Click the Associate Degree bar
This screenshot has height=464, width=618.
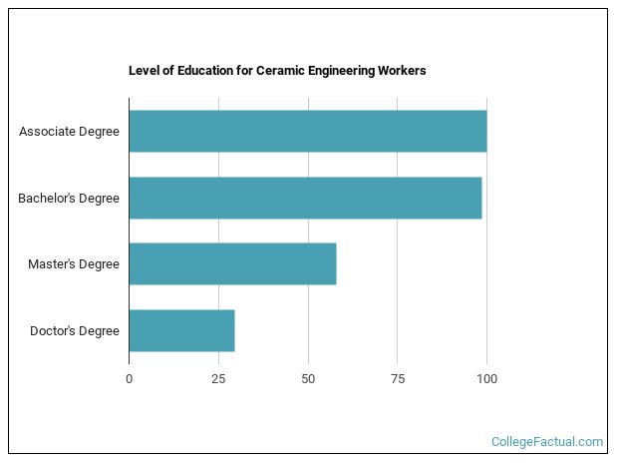coord(307,132)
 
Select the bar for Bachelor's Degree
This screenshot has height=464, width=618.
coord(305,198)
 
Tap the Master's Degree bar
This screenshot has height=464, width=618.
coord(232,263)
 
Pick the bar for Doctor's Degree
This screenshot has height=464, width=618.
coord(181,330)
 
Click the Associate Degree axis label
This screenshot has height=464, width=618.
coord(69,132)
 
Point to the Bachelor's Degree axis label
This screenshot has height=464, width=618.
coord(69,198)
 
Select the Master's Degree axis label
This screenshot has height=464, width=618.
coord(74,264)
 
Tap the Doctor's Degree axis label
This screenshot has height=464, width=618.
coord(75,330)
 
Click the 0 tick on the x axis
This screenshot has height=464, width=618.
coord(129,378)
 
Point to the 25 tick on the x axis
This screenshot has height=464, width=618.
coord(218,378)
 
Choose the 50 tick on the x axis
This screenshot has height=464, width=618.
coord(308,378)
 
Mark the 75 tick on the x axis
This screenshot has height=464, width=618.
coord(397,378)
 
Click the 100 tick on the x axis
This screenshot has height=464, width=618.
coord(486,378)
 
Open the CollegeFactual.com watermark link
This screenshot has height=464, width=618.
coord(547,441)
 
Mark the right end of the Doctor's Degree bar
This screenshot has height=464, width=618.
coord(234,330)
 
